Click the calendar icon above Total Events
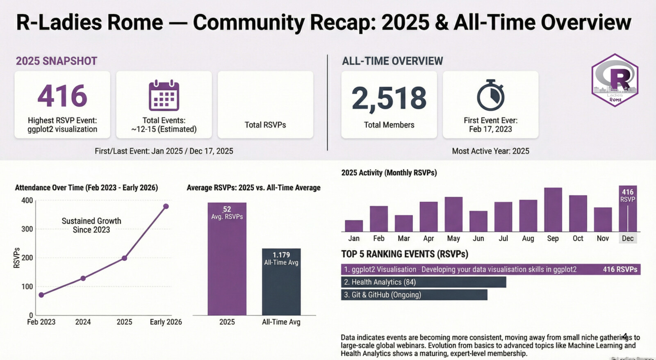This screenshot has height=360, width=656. (x=164, y=96)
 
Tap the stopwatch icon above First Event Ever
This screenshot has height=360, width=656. (x=490, y=96)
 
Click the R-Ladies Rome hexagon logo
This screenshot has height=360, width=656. (x=615, y=80)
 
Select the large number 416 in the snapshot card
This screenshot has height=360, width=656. (x=62, y=96)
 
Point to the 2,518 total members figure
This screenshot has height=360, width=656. (x=389, y=98)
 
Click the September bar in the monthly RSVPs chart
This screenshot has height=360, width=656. (x=553, y=210)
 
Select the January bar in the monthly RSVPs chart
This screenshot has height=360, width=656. (x=354, y=226)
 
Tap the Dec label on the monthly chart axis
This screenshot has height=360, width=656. (x=628, y=238)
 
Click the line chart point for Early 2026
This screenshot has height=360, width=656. (x=166, y=206)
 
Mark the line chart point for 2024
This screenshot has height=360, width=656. (x=83, y=278)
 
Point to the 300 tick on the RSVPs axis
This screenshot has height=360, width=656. (x=27, y=229)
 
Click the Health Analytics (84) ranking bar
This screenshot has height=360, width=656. (x=423, y=282)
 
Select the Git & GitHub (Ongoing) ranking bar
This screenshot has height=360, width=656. (x=414, y=295)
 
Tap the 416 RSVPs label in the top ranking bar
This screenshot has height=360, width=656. (x=620, y=269)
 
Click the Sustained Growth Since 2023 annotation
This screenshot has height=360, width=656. (x=91, y=225)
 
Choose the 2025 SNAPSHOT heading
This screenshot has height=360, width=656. (x=57, y=61)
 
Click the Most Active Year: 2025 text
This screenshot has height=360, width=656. (x=490, y=151)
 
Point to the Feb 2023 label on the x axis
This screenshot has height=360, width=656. (x=41, y=322)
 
